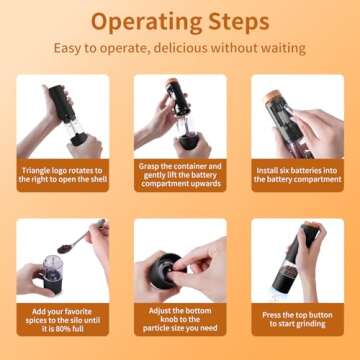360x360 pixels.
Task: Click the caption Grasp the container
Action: tap(180, 176)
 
